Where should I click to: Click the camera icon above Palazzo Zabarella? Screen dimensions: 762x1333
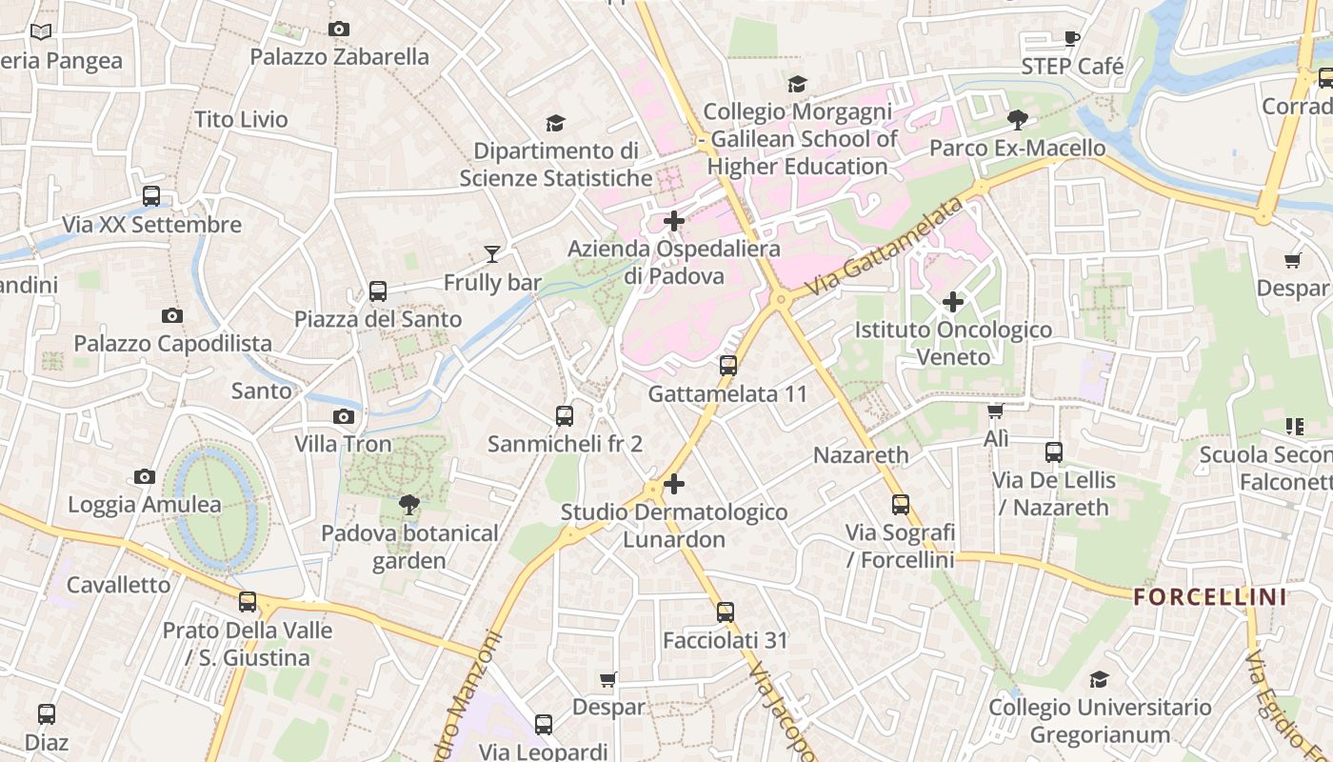point(338,30)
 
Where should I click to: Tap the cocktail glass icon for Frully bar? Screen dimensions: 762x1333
point(492,253)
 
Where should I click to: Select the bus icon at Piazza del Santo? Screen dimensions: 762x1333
point(378,291)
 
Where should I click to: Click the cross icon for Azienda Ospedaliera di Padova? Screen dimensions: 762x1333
point(674,222)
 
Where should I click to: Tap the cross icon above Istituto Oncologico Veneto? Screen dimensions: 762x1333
point(952,303)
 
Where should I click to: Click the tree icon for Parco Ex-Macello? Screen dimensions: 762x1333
point(1017,120)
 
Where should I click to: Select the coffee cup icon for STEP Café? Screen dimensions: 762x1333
point(1072,39)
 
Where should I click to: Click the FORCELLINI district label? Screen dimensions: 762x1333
point(1210,598)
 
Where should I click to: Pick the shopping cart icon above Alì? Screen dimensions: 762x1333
point(996,411)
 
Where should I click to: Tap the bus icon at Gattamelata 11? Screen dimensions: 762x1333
point(728,366)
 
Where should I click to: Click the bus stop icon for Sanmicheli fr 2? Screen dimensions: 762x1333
point(565,416)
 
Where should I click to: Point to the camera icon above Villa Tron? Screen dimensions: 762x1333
point(344,416)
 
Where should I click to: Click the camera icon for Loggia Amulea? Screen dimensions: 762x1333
point(145,477)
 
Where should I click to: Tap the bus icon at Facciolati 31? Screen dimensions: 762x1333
point(726,612)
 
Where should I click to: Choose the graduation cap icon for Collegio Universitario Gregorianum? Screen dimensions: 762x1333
point(1100,679)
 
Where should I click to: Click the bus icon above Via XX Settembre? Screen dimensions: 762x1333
point(151,197)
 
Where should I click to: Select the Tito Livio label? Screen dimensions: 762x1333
point(241,120)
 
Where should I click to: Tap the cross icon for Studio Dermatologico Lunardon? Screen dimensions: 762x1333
point(674,484)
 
